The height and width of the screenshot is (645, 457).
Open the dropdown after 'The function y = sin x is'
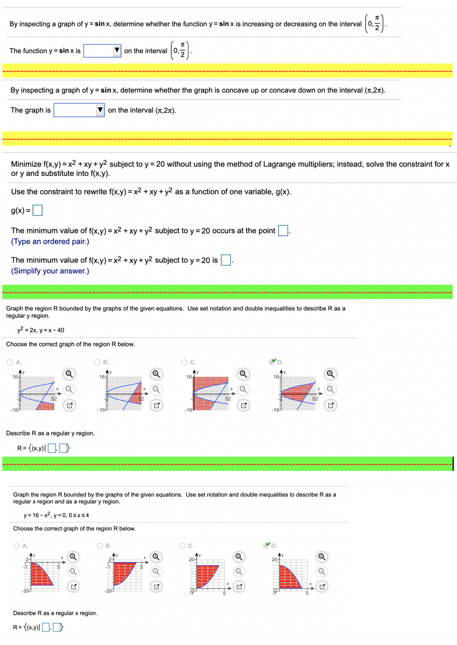[102, 51]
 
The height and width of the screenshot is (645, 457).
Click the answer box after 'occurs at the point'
[283, 231]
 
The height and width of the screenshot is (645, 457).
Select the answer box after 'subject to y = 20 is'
[225, 261]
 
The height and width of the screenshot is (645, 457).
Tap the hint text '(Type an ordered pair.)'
[50, 241]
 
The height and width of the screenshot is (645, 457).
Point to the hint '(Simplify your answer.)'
[50, 271]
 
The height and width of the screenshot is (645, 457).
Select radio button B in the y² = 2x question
[97, 362]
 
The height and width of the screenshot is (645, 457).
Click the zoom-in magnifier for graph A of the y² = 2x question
[69, 374]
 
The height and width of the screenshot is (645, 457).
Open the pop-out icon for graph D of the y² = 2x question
[330, 406]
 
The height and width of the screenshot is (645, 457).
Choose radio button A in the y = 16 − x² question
[17, 545]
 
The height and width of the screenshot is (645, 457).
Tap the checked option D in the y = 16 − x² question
[267, 545]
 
